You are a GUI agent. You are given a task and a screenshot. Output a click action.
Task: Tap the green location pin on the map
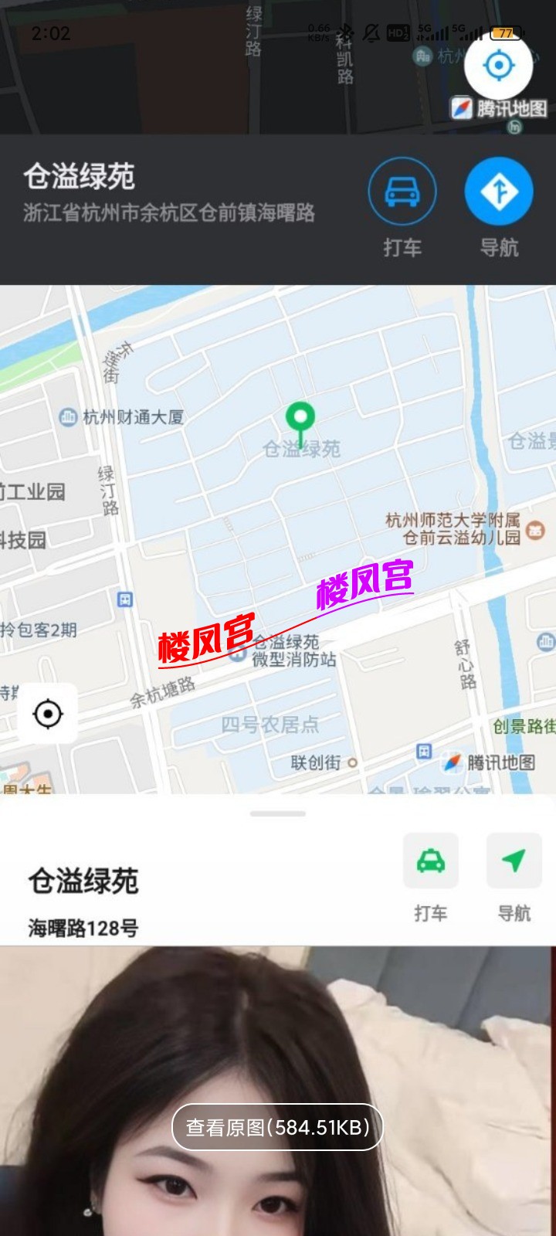point(300,417)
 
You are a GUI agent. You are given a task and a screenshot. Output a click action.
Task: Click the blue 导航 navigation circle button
point(499,192)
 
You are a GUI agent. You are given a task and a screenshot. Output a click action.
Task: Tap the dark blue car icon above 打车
point(402,192)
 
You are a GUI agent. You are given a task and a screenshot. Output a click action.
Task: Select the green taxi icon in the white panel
point(430,861)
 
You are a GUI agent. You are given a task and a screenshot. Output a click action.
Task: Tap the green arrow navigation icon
point(514,861)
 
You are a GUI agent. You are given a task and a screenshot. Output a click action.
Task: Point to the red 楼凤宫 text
point(206,638)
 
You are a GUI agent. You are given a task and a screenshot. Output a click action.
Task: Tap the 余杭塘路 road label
point(162,692)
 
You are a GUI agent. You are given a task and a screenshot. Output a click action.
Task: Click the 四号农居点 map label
point(270,725)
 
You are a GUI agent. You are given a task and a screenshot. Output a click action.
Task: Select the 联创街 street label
point(316,762)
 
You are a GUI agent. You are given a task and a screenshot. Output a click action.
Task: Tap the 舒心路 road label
point(466,664)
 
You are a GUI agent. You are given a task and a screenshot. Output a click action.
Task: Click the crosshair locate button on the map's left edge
point(48,714)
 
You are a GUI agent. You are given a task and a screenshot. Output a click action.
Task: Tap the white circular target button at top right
point(499,66)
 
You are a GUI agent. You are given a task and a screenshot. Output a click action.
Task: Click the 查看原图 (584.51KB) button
point(278,1128)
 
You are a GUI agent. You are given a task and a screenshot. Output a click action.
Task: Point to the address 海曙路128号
point(83,928)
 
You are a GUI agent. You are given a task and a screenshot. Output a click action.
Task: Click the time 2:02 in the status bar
point(51,33)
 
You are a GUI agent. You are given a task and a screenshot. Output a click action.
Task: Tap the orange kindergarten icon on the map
point(535,530)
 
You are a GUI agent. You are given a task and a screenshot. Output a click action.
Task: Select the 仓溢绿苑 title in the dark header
point(80,177)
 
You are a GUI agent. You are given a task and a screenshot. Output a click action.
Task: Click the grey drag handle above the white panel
point(278,813)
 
